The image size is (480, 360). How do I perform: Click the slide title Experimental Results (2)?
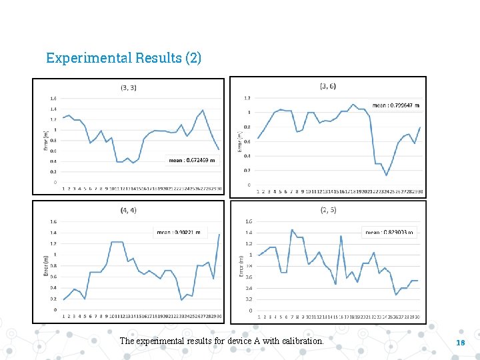point(123,58)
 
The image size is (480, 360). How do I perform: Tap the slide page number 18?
point(459,342)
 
